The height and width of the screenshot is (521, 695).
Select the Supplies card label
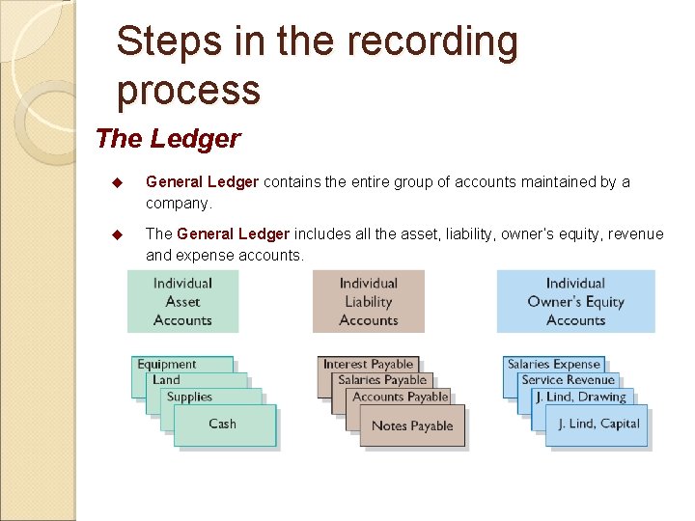click(x=189, y=397)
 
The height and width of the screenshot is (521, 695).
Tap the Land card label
click(x=166, y=380)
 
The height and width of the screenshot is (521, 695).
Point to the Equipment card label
click(x=167, y=364)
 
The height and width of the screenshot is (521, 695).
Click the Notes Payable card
click(x=412, y=426)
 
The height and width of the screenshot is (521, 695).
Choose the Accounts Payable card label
click(x=401, y=397)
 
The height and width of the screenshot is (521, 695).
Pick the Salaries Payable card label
click(x=382, y=380)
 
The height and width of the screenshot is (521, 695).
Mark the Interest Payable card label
click(x=368, y=364)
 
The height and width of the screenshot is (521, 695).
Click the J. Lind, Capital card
click(x=598, y=425)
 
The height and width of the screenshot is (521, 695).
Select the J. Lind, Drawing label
click(x=581, y=397)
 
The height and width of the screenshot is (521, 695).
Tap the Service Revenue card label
click(x=568, y=380)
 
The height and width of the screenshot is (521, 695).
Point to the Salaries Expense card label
click(x=554, y=364)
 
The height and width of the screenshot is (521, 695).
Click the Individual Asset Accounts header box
click(x=182, y=301)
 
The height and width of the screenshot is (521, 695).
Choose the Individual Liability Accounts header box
click(x=369, y=301)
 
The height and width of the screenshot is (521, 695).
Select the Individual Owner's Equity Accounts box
click(x=575, y=301)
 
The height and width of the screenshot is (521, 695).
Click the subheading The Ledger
click(x=168, y=139)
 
